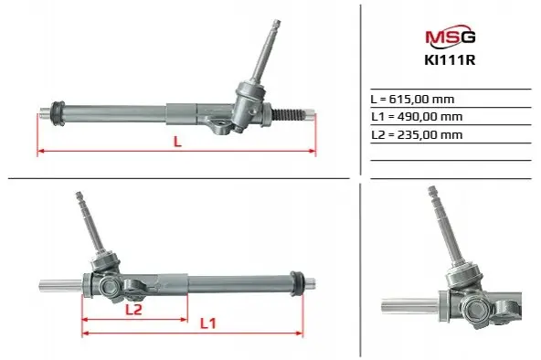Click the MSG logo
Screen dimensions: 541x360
pos(451,35)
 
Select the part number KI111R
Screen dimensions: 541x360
pos(450,60)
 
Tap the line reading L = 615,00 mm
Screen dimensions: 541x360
pos(412,100)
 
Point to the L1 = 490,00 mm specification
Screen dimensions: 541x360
pos(417,117)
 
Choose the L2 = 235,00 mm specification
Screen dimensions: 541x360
pos(417,135)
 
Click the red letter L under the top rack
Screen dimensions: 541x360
pos(177,142)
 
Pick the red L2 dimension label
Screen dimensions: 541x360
pos(133,310)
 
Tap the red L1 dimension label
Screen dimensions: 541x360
pos(208,323)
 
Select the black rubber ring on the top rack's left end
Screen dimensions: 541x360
pos(58,113)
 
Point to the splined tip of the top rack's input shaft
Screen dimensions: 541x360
pos(276,24)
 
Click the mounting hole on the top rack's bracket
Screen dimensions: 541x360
pos(218,122)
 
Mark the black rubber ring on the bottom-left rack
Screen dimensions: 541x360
pos(297,283)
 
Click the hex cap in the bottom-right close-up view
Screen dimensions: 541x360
pos(476,310)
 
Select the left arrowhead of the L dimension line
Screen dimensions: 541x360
pos(40,151)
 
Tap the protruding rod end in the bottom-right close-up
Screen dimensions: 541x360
pos(409,306)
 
